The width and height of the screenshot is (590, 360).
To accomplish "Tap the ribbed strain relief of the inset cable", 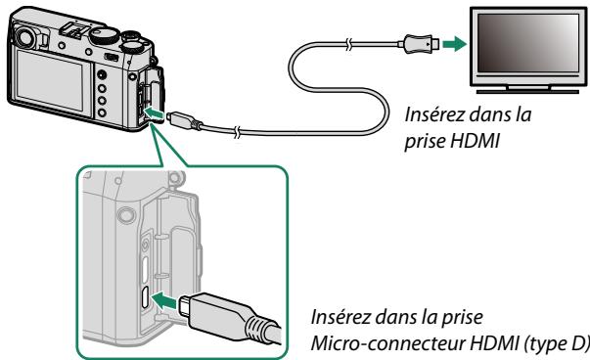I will point(256,325).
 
